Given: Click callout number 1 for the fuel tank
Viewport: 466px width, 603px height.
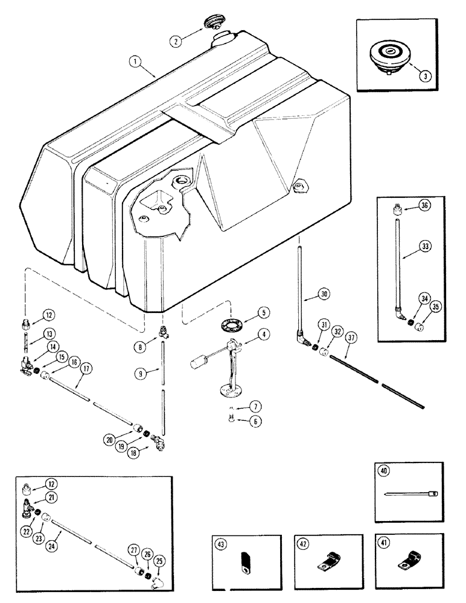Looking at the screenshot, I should (136, 61).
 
